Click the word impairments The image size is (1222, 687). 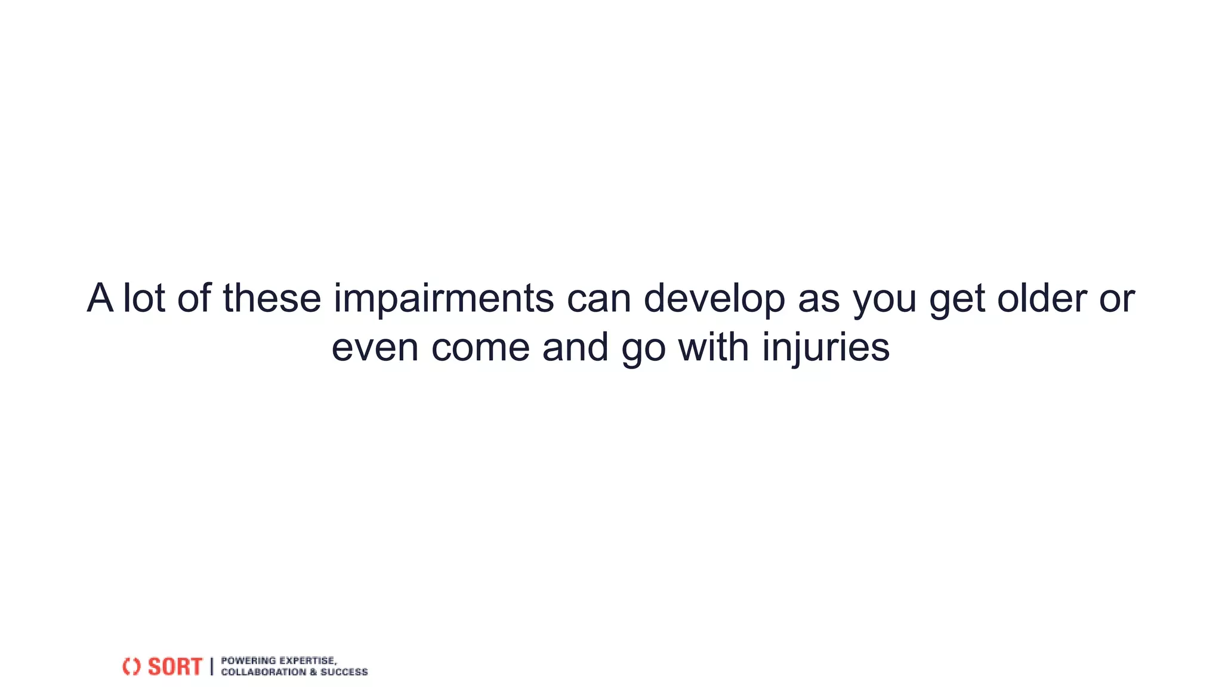443,298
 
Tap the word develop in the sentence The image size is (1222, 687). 714,298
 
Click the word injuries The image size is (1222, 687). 826,347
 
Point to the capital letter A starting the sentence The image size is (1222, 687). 100,298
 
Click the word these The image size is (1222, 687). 272,298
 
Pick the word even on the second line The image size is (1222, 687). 375,347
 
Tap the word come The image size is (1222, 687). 480,347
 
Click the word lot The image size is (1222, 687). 144,298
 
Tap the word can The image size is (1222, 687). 598,299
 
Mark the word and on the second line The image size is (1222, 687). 575,347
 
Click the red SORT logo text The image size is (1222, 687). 175,667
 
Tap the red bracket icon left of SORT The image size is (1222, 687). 131,667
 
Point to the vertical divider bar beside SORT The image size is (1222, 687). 211,667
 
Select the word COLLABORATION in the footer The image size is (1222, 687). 263,672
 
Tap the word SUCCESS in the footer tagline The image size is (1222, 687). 344,672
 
